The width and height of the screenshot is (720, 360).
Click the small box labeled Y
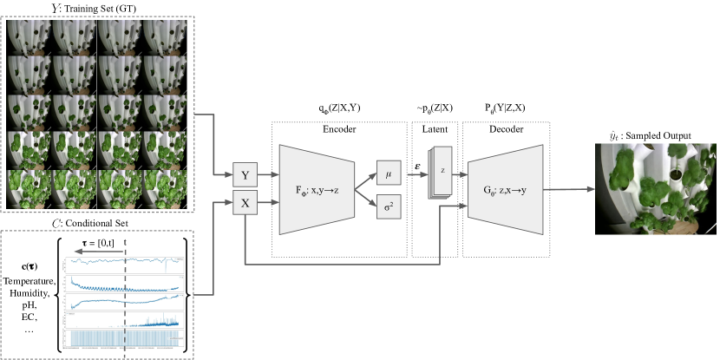pos(245,175)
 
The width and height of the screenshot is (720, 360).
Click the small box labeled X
pos(245,204)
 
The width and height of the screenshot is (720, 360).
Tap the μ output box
pos(389,173)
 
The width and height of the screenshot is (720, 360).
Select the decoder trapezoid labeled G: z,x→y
pos(505,189)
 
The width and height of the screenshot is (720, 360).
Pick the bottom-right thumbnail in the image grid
pos(165,188)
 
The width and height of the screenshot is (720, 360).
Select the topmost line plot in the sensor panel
pos(125,261)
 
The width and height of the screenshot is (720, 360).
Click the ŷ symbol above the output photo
pos(613,135)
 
